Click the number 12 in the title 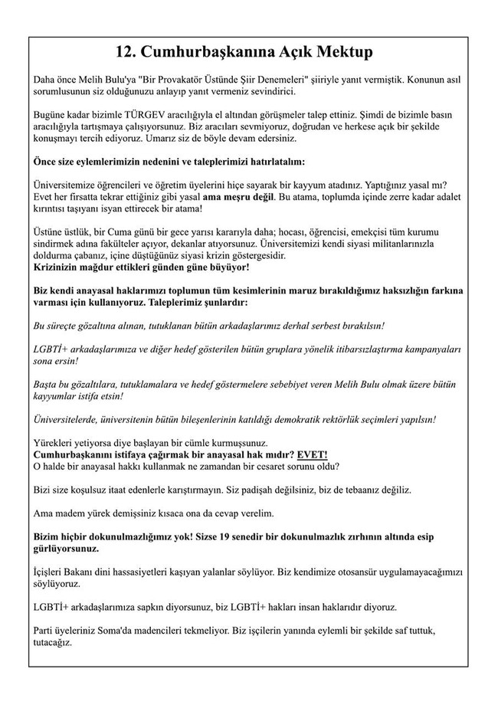[126, 52]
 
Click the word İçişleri [51, 572]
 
